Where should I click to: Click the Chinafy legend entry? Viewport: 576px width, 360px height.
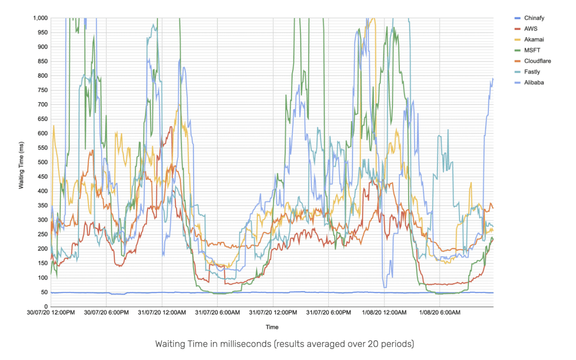534,18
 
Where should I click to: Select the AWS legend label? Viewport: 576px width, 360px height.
531,29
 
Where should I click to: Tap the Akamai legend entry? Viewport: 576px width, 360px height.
534,39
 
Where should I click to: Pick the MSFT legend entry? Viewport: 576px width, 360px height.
532,50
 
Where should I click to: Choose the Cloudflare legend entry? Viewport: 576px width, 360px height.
537,61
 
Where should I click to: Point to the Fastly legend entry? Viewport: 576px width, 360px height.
532,72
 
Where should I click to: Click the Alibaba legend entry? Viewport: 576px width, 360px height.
534,83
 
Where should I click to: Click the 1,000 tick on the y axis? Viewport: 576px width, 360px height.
40,18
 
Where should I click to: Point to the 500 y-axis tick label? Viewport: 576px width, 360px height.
43,162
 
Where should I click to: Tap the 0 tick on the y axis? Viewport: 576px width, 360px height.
46,306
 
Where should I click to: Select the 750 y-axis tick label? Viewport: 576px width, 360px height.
43,90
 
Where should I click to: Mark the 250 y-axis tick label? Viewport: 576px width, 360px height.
43,234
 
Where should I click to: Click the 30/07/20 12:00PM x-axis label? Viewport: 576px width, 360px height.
51,313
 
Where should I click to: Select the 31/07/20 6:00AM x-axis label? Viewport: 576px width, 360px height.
217,313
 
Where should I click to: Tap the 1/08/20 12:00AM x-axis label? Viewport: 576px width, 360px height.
384,313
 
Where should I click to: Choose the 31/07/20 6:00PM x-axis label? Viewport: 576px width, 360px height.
328,313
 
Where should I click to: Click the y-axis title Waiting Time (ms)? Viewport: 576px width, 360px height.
21,165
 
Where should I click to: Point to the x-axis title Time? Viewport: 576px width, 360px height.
272,327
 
